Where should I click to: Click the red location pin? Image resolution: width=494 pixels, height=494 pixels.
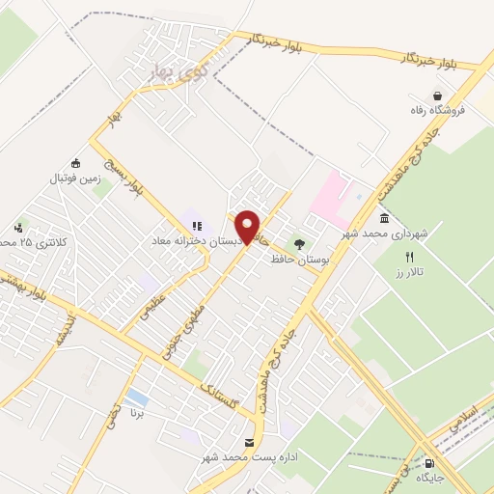tap(248, 226)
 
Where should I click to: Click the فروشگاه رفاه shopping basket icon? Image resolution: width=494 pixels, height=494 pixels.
tap(440, 96)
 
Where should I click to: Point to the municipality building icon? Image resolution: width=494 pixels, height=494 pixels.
tap(385, 219)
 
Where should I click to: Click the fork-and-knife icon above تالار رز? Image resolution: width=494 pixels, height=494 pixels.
tap(409, 257)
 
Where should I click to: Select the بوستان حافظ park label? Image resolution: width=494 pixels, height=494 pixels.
tap(300, 260)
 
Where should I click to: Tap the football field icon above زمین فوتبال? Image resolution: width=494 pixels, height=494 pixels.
tap(76, 163)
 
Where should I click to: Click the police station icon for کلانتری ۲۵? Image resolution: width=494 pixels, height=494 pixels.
tap(19, 228)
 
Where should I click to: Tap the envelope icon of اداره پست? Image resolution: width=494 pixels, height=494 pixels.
tap(250, 441)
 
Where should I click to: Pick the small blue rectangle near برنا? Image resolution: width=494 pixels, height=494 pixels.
tap(137, 397)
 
